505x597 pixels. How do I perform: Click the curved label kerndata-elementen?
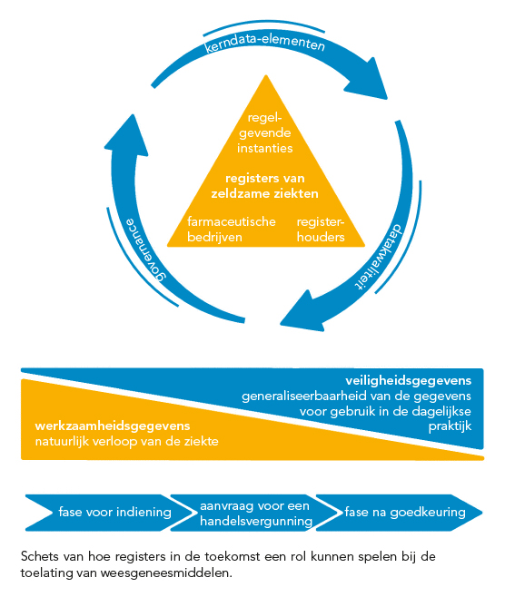coord(265,43)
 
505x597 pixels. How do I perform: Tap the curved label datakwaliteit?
coord(380,258)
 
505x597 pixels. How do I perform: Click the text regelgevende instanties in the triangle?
coord(265,132)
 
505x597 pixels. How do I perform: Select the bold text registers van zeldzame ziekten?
coord(265,186)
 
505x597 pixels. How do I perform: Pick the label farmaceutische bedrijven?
coord(231,230)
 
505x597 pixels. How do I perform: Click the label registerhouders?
coord(321,230)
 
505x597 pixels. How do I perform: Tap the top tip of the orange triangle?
coord(266,75)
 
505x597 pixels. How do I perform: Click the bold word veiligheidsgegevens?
coord(408,381)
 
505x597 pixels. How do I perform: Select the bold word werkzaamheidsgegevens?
coord(113,426)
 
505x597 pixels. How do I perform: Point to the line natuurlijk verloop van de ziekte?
coord(127,442)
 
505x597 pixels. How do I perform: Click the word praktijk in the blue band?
coord(451,426)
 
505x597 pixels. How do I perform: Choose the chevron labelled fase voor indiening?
coord(106,513)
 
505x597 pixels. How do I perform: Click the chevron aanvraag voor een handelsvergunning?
coord(252,513)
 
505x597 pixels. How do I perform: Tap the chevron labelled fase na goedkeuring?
coord(400,513)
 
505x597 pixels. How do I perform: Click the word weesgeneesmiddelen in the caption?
coord(166,573)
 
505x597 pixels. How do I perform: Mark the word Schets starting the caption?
coord(40,556)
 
